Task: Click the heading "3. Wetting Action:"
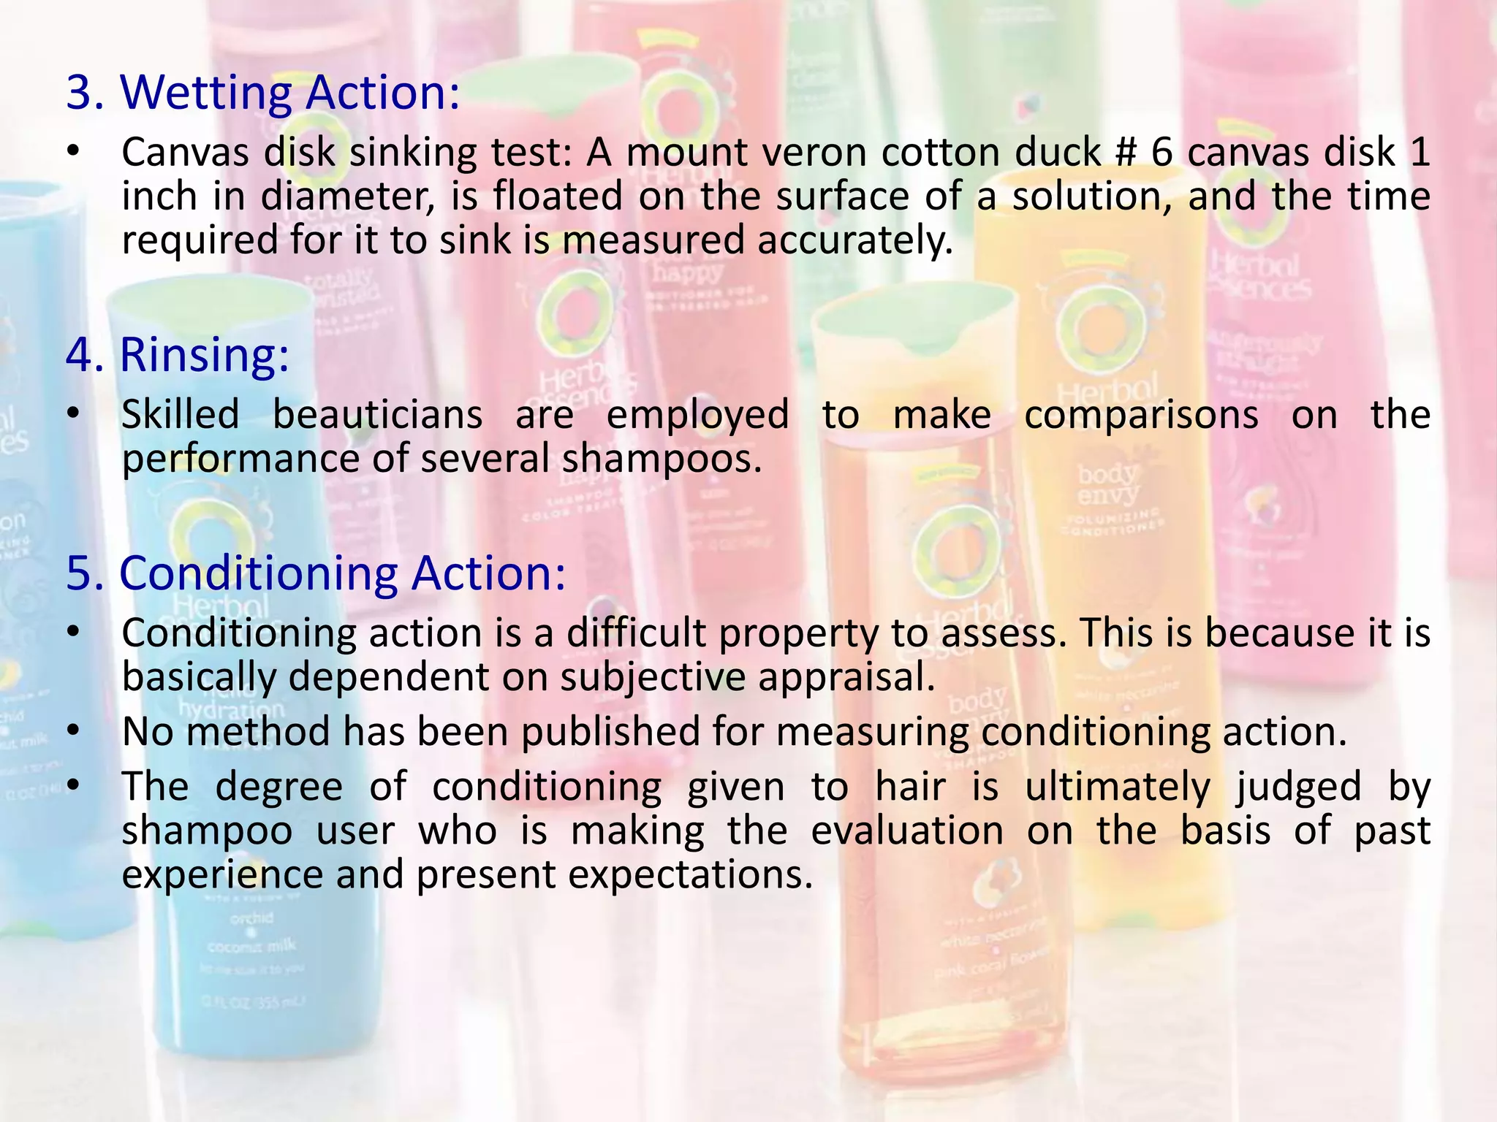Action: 263,93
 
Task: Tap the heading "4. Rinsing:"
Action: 178,355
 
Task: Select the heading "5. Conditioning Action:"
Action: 316,573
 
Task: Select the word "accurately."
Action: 855,241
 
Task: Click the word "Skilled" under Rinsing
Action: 181,415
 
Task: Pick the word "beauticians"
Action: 378,415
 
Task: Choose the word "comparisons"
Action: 1141,415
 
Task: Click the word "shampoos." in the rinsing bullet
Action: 662,459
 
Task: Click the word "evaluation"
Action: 907,831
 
